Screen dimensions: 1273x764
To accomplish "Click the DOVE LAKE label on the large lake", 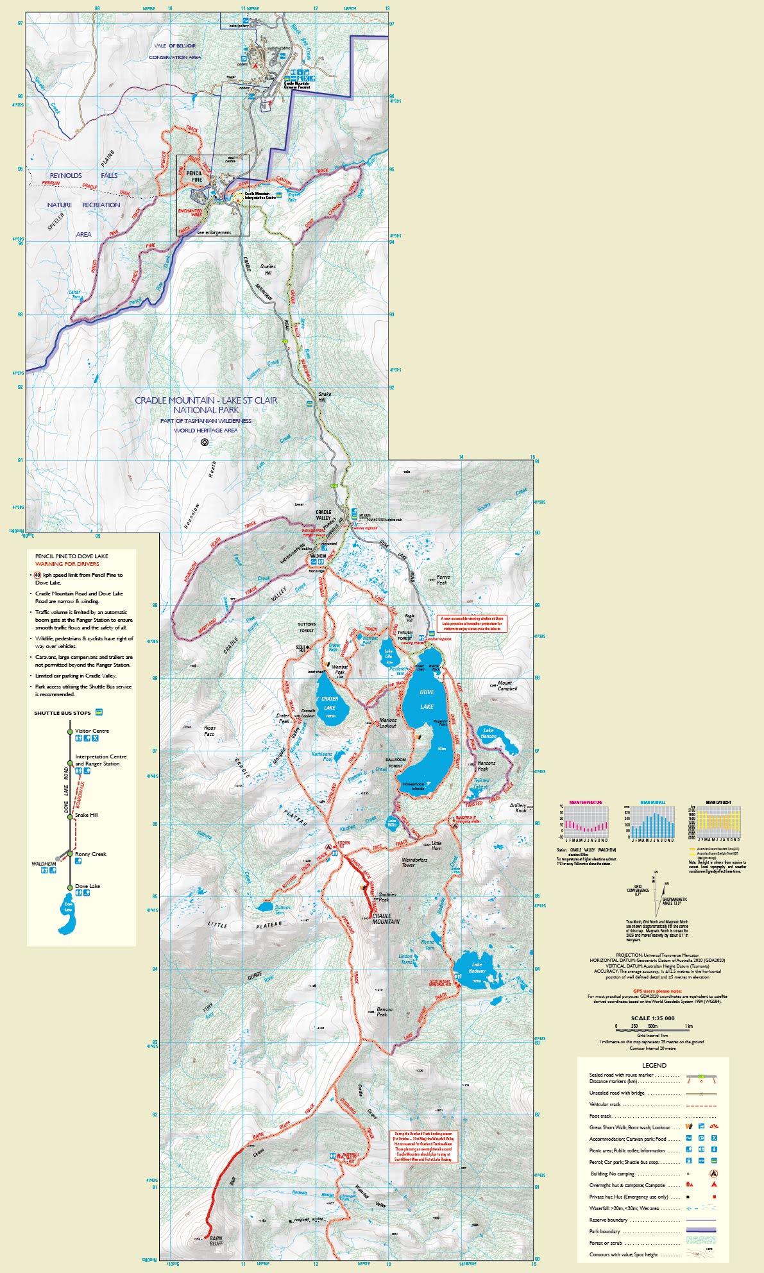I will point(427,699).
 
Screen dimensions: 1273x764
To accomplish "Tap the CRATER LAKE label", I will point(330,703).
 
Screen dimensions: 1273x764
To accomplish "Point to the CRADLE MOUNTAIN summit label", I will point(386,919).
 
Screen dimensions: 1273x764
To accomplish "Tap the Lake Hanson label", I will point(489,733).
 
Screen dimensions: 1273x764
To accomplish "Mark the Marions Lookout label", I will point(388,722).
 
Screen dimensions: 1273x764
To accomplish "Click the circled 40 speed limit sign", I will point(38,575).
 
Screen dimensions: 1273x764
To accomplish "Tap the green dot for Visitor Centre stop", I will point(70,731).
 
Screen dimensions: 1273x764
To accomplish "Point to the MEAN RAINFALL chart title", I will point(653,802).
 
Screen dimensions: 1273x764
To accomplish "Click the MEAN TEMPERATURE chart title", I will point(586,802).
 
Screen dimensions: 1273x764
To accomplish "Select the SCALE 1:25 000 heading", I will point(652,1018).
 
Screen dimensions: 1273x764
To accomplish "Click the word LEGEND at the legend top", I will point(654,1065).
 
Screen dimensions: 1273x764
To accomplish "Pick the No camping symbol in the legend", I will point(713,1174).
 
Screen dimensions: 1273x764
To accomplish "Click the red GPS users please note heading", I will point(654,991).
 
